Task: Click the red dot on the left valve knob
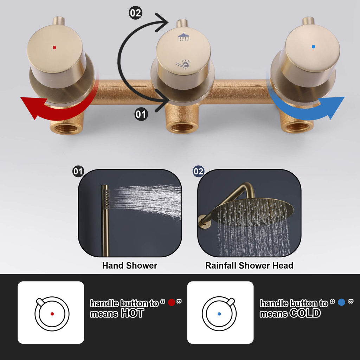(54, 47)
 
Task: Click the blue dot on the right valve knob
(313, 47)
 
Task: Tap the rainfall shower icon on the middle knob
(184, 37)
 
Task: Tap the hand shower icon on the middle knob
(183, 64)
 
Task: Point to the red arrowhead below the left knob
(31, 106)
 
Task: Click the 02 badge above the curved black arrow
(135, 13)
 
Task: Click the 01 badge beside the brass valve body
(141, 114)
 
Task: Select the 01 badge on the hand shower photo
(78, 172)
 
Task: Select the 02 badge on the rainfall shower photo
(199, 172)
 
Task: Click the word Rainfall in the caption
(221, 265)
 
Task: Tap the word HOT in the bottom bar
(132, 313)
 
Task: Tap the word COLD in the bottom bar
(305, 313)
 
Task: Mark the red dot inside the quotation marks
(172, 302)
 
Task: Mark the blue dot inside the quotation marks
(341, 302)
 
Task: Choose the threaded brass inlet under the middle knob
(182, 127)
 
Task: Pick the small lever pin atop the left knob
(59, 21)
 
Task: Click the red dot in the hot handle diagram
(52, 314)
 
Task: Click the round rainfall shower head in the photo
(252, 211)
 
